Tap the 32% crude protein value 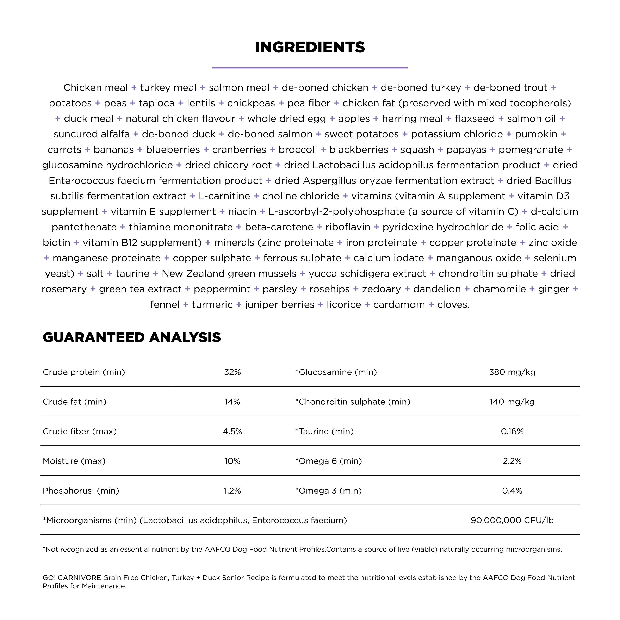click(232, 372)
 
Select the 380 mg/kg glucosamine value click(512, 372)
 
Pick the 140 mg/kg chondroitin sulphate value click(512, 402)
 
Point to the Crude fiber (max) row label click(80, 431)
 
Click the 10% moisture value click(232, 461)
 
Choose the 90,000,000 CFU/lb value click(512, 520)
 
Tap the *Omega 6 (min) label click(328, 461)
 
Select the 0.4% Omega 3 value click(512, 491)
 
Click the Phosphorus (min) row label click(81, 491)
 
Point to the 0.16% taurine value click(512, 431)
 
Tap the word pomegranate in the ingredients click(531, 150)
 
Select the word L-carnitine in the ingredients click(224, 196)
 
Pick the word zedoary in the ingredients click(381, 289)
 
